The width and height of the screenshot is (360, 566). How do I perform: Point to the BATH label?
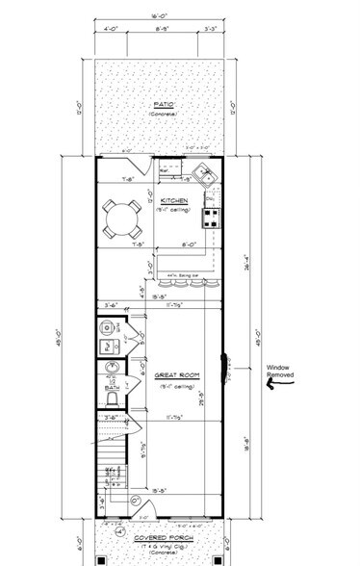[111, 388]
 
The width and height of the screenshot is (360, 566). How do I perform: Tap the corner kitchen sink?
[203, 174]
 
